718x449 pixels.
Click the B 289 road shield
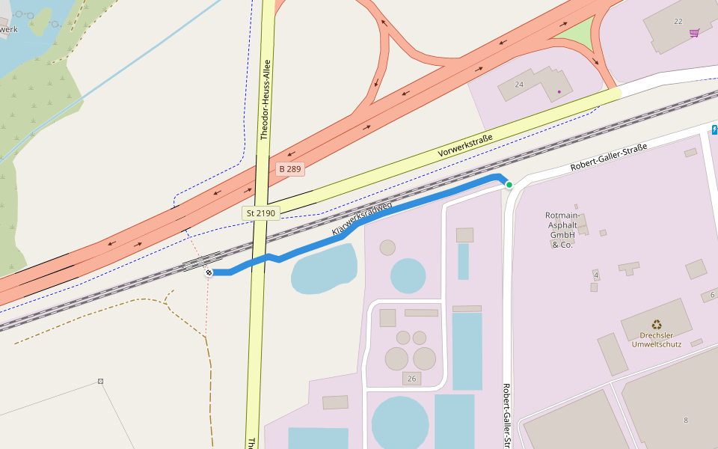click(289, 169)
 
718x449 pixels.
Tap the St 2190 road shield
click(260, 213)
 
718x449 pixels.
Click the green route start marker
click(509, 184)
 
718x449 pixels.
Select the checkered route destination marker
click(209, 272)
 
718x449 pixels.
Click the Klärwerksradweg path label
click(361, 219)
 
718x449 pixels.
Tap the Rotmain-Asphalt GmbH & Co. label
click(562, 230)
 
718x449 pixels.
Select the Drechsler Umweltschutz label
click(656, 340)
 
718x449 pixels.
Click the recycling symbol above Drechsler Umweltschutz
click(656, 325)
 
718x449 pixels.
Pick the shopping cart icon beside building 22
click(695, 32)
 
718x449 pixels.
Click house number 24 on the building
click(519, 85)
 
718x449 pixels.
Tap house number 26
click(412, 378)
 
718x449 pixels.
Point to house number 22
click(678, 21)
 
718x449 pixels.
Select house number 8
click(685, 421)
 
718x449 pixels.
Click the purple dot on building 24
click(559, 92)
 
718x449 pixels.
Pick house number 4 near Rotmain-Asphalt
click(596, 276)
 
